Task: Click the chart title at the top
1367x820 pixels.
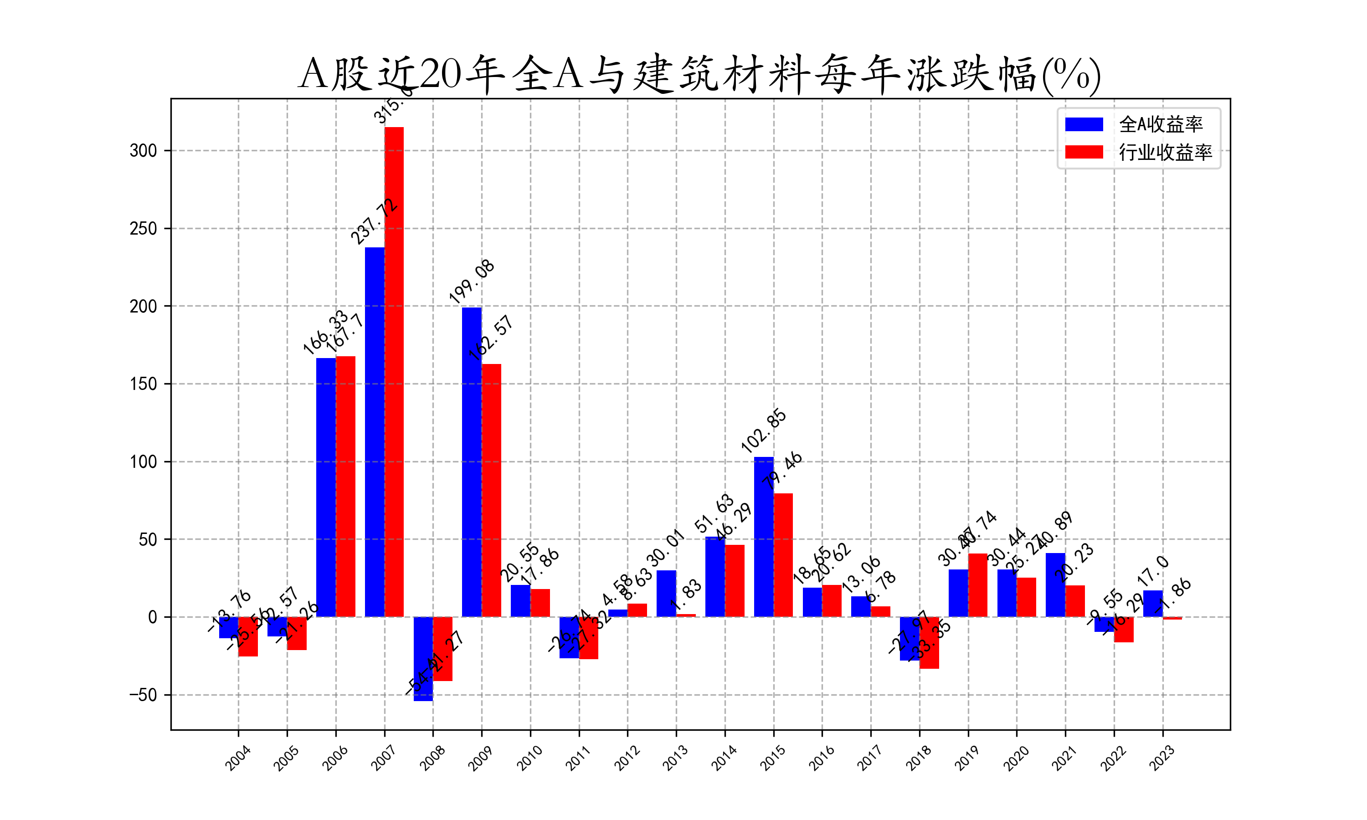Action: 699,73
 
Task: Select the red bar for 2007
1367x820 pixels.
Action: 394,371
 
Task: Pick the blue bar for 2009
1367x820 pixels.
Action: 472,461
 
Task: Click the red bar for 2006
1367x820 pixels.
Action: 345,486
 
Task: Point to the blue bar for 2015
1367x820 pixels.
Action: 764,537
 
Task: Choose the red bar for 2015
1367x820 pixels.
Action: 783,555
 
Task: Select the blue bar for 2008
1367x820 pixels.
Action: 423,659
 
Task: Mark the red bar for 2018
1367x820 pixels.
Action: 929,643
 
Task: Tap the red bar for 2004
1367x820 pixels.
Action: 248,636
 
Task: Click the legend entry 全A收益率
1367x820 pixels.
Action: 1160,124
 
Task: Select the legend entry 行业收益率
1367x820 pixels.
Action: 1165,152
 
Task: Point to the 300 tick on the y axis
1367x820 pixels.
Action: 143,151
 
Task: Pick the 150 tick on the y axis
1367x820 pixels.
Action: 143,384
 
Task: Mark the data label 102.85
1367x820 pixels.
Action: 763,431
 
